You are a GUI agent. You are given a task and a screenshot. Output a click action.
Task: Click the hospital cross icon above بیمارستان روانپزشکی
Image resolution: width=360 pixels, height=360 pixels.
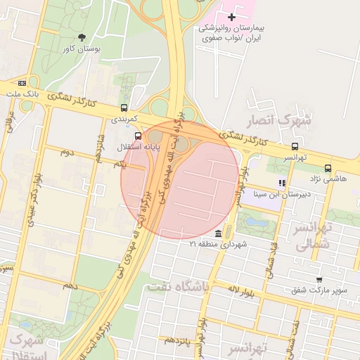coord(232,16)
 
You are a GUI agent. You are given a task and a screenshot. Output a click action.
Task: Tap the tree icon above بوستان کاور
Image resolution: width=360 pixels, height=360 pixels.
coord(82,37)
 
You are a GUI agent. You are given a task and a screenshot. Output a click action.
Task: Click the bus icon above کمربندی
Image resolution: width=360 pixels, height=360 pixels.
coord(124,108)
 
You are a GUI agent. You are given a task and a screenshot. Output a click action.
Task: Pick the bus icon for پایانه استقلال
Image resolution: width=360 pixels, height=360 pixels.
coord(138,136)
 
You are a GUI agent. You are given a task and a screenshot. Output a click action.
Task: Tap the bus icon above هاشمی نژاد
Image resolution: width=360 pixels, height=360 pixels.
coord(328,168)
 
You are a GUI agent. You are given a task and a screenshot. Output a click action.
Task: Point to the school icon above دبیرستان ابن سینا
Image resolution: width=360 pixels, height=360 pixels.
coord(282,184)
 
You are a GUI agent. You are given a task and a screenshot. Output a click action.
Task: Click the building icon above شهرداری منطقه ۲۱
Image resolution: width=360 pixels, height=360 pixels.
coord(219,233)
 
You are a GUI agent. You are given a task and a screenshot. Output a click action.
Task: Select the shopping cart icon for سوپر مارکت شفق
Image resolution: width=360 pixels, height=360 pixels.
coord(319,279)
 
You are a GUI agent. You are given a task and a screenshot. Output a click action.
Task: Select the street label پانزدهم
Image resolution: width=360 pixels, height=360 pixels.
coord(179,340)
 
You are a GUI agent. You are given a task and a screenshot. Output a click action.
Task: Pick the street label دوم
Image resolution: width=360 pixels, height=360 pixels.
coord(67,152)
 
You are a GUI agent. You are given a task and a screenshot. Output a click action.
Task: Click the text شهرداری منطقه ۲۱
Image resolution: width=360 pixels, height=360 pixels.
coord(213,245)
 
